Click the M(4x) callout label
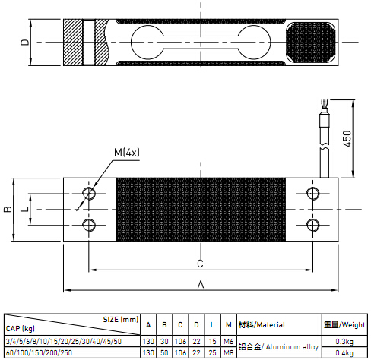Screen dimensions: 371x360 point(127,153)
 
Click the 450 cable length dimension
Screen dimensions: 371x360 point(347,138)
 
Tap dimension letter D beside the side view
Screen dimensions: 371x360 point(25,42)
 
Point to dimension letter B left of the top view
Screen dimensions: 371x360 point(8,209)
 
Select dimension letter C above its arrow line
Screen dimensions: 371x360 point(200,264)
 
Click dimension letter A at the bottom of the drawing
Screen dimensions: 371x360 point(201,285)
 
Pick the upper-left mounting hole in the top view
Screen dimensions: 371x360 point(89,194)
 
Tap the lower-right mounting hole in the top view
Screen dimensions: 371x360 point(313,225)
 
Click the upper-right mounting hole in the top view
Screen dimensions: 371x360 point(313,194)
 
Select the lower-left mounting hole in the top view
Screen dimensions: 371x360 point(89,225)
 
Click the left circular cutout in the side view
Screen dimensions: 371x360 point(147,42)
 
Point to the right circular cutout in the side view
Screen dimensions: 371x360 point(254,42)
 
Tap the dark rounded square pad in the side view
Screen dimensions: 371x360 point(311,43)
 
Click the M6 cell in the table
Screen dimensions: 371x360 point(229,342)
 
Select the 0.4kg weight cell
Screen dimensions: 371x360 point(344,352)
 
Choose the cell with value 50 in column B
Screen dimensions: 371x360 point(164,352)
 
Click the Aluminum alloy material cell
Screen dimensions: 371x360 point(279,347)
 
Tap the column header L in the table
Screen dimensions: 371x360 point(212,325)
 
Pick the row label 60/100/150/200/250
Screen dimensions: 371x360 point(39,352)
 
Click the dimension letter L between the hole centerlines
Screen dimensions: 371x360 point(24,209)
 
